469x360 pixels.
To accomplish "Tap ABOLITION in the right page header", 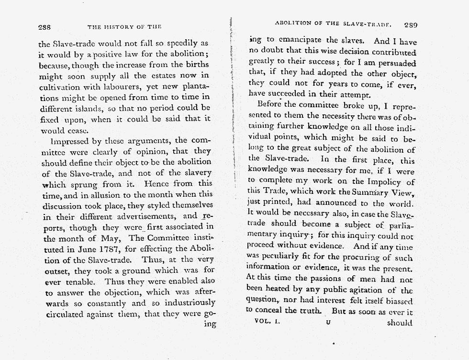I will coord(293,23).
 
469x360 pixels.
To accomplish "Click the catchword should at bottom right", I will coord(400,322).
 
